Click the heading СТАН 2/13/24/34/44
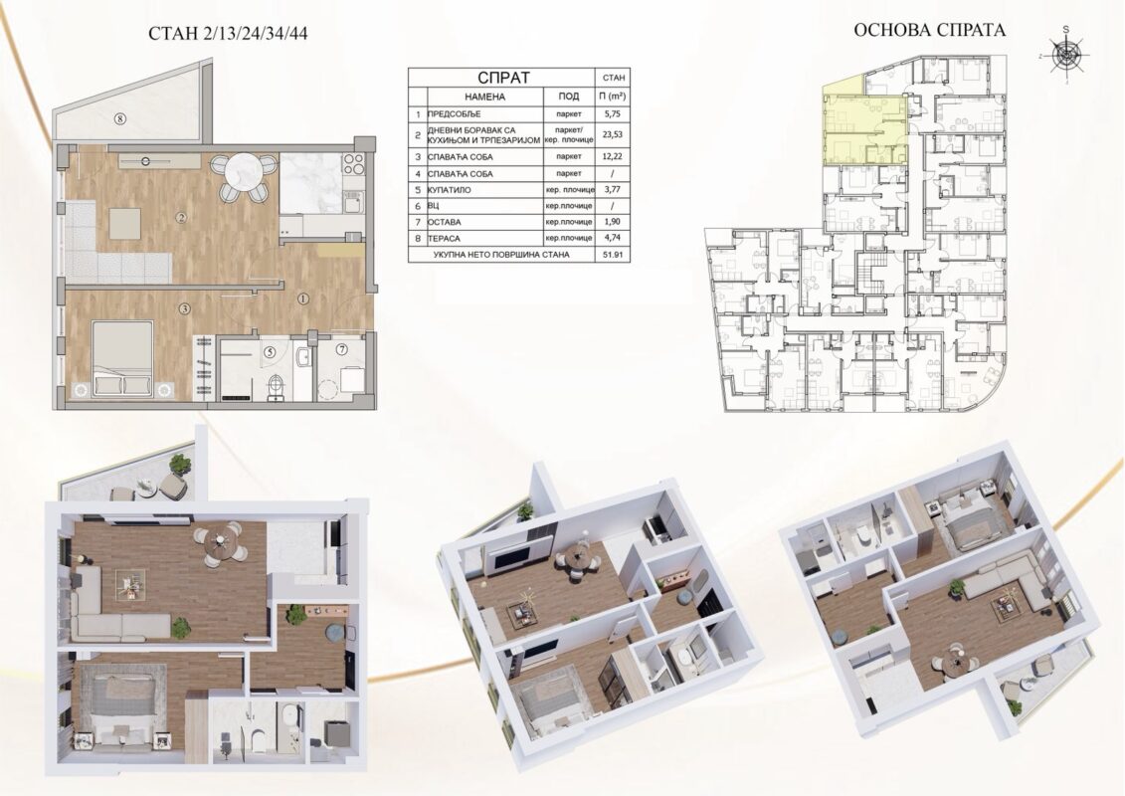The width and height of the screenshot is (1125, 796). pos(228,33)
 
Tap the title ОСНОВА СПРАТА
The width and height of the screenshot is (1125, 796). pos(929,30)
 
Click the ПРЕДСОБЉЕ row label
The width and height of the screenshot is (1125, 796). pos(455,114)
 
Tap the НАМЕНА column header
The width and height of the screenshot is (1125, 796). pos(485,97)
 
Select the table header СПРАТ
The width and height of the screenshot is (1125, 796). pos(503,78)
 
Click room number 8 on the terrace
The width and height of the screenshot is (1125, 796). pos(119,118)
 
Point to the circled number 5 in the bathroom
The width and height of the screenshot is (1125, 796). pos(269,352)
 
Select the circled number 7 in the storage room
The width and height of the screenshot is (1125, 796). pos(341,349)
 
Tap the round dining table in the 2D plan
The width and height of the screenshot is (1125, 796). pos(242,172)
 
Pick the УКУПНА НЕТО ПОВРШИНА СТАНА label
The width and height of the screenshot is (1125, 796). pos(500,255)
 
